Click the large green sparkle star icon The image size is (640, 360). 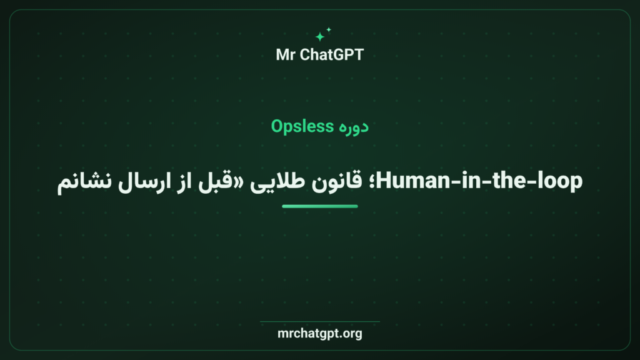point(319,37)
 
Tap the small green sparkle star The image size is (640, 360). point(329,29)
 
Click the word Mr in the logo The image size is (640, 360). point(285,55)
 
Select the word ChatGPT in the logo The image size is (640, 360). point(331,55)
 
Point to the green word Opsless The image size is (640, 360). point(302,126)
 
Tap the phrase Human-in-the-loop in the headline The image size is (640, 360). point(479,181)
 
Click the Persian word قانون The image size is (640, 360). point(336,181)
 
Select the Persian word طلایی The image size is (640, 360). point(277,182)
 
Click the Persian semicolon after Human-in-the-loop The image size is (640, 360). point(371,182)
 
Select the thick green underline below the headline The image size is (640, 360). point(319,206)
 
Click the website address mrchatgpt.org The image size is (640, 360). point(319,334)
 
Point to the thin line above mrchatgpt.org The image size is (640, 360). point(319,322)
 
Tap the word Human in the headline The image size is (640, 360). point(413,181)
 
